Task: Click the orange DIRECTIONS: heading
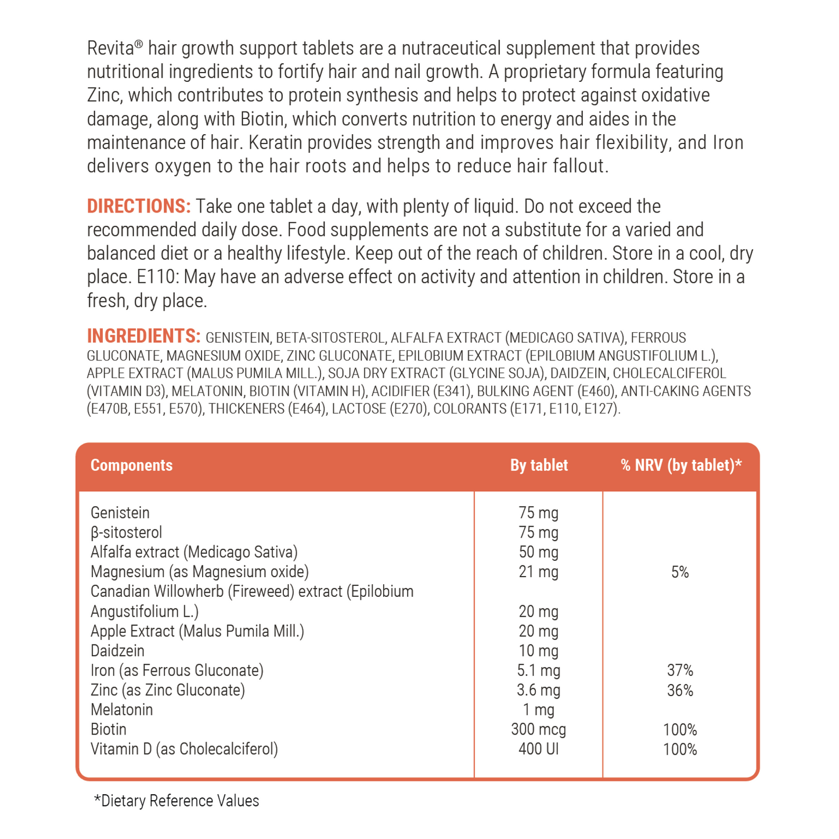[138, 207]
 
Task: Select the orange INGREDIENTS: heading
[143, 336]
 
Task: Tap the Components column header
[131, 466]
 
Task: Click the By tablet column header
[539, 466]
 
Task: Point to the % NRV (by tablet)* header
[681, 466]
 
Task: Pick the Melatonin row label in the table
[122, 710]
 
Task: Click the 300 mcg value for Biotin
[538, 730]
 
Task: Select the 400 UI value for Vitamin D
[538, 750]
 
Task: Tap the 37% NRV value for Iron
[680, 671]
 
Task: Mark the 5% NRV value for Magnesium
[680, 572]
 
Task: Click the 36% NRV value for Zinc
[680, 691]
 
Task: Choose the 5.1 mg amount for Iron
[538, 671]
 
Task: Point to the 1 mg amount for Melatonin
[538, 710]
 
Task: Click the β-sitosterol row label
[127, 533]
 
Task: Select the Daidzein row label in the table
[117, 651]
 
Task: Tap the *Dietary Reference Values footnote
[177, 801]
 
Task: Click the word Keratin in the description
[270, 143]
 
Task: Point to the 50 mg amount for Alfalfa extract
[538, 553]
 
